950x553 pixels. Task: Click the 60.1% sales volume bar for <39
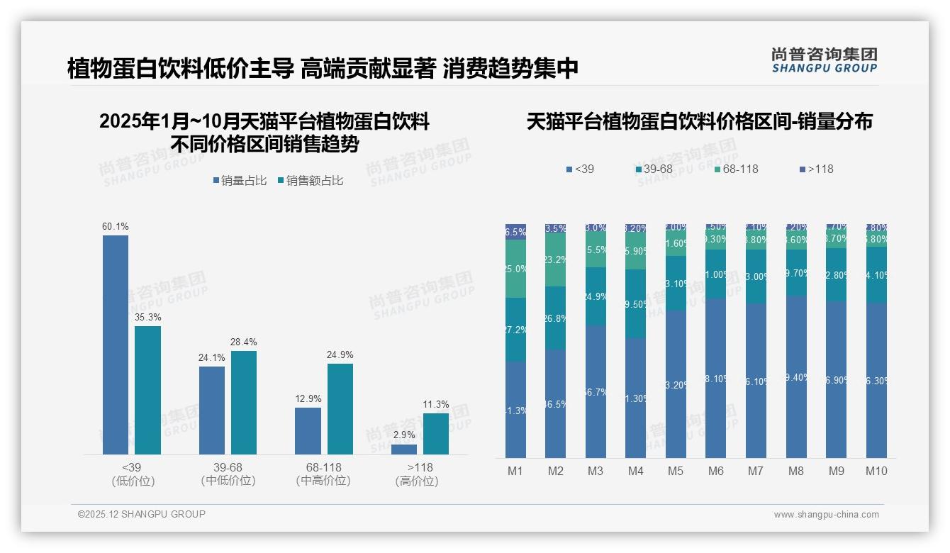[x=116, y=345]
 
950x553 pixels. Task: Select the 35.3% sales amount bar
[x=147, y=390]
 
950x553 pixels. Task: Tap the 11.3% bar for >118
[x=436, y=433]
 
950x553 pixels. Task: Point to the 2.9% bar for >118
[x=404, y=449]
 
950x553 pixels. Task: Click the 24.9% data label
[x=340, y=354]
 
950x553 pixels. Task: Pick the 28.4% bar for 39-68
[x=244, y=402]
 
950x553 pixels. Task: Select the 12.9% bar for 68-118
[x=308, y=430]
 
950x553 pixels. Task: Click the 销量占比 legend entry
[x=240, y=181]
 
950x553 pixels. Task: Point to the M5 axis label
[x=676, y=471]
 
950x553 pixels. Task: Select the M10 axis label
[x=877, y=471]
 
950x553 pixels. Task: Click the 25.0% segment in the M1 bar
[x=515, y=269]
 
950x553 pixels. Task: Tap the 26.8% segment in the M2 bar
[x=555, y=318]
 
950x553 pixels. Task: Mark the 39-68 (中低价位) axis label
[x=228, y=474]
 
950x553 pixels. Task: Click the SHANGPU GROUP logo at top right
[x=825, y=60]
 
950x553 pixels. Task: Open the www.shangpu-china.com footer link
[x=826, y=515]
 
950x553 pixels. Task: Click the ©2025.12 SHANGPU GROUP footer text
[x=142, y=514]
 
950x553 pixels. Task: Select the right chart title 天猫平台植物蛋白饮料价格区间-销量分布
[x=699, y=121]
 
